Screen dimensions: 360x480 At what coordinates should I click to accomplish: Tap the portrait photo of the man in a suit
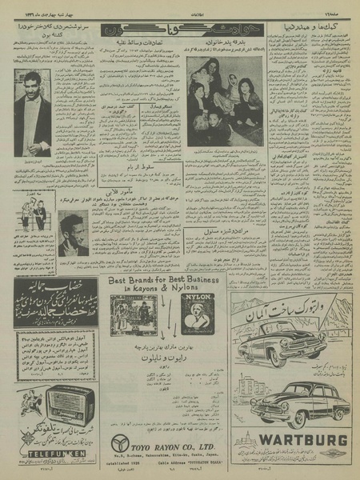click(x=32, y=112)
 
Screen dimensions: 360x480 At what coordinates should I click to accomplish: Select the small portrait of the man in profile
click(x=74, y=234)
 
